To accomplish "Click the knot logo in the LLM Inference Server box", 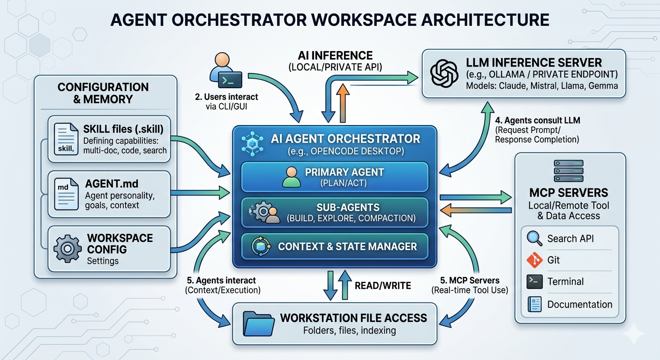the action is [x=444, y=73].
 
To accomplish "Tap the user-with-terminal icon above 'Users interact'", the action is [x=225, y=70].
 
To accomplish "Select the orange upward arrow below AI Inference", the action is [x=343, y=103].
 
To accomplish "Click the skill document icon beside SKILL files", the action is [x=66, y=139].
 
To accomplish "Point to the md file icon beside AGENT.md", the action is [x=66, y=194].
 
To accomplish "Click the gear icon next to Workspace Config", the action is [x=67, y=248].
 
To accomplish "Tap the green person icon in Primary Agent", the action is [x=292, y=177].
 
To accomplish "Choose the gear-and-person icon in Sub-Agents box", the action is [x=264, y=212].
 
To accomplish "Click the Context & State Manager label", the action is [x=347, y=247].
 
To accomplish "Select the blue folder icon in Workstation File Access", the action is [x=258, y=323].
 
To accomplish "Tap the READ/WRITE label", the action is [x=383, y=285].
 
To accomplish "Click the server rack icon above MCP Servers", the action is [x=569, y=171].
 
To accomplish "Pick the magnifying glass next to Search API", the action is [x=534, y=238].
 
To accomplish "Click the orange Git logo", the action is [x=534, y=260].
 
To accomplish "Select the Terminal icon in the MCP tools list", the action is [x=534, y=282].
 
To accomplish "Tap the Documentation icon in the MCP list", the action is [x=534, y=304].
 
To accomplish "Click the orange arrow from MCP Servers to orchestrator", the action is [x=476, y=210].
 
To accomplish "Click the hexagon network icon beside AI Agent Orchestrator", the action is [x=252, y=143].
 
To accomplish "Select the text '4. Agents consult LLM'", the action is [x=538, y=120].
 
